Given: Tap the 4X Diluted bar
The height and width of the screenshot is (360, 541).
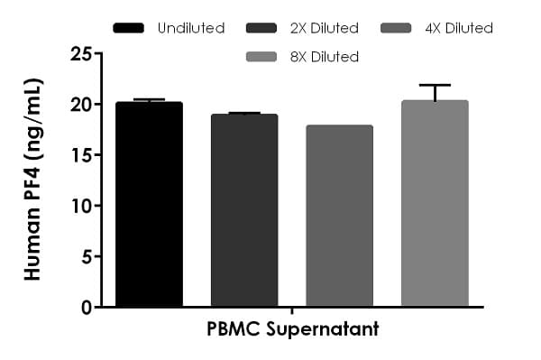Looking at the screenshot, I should point(339,217).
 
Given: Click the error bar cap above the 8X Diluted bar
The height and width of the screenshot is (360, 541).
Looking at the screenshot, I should point(435,85).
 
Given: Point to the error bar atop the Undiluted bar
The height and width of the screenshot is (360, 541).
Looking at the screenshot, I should point(149,100).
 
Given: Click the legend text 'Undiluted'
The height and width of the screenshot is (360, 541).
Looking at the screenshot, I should point(191,28).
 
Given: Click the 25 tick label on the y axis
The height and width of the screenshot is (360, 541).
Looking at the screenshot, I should point(80,54).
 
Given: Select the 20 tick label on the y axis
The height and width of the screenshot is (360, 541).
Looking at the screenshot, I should point(80,105).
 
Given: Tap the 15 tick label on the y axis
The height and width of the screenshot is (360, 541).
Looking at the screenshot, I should point(80,155).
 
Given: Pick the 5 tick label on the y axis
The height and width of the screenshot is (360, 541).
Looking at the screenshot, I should point(86,256).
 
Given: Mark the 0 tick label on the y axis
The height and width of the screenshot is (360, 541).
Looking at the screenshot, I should point(86,307).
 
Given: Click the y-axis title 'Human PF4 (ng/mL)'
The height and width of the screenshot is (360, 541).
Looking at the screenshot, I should point(33,180).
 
